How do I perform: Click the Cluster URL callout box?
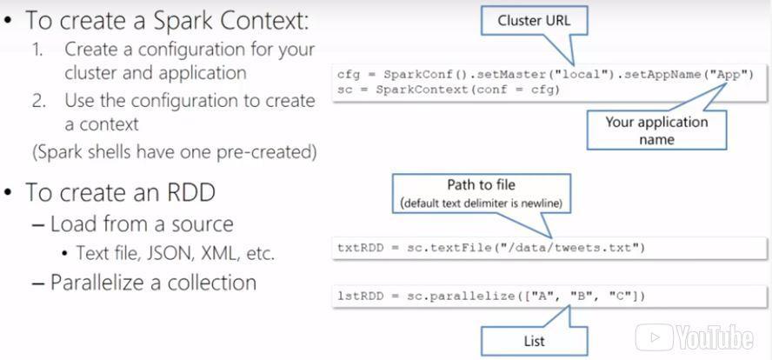[534, 21]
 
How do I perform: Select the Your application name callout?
[656, 130]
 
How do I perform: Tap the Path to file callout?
[481, 194]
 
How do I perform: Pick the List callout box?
[534, 341]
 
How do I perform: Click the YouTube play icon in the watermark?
[655, 338]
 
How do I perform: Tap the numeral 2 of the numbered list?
[39, 101]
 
